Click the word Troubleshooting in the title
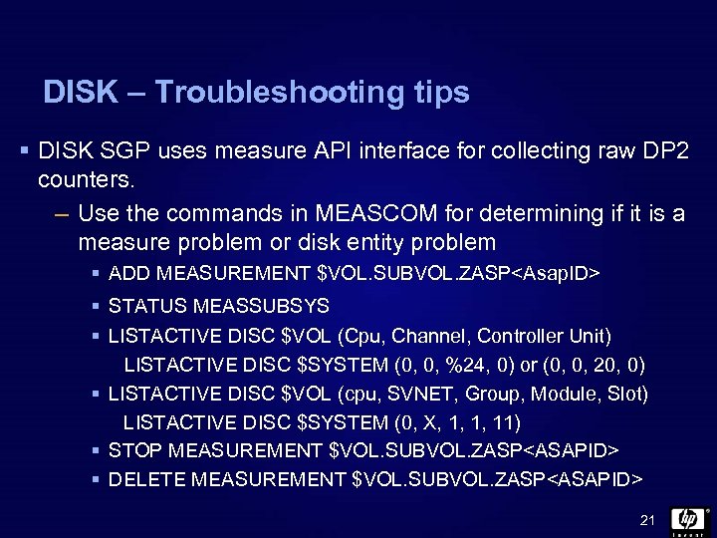(262, 93)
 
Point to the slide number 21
(646, 521)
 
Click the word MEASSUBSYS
(260, 304)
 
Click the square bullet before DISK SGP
(22, 153)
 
